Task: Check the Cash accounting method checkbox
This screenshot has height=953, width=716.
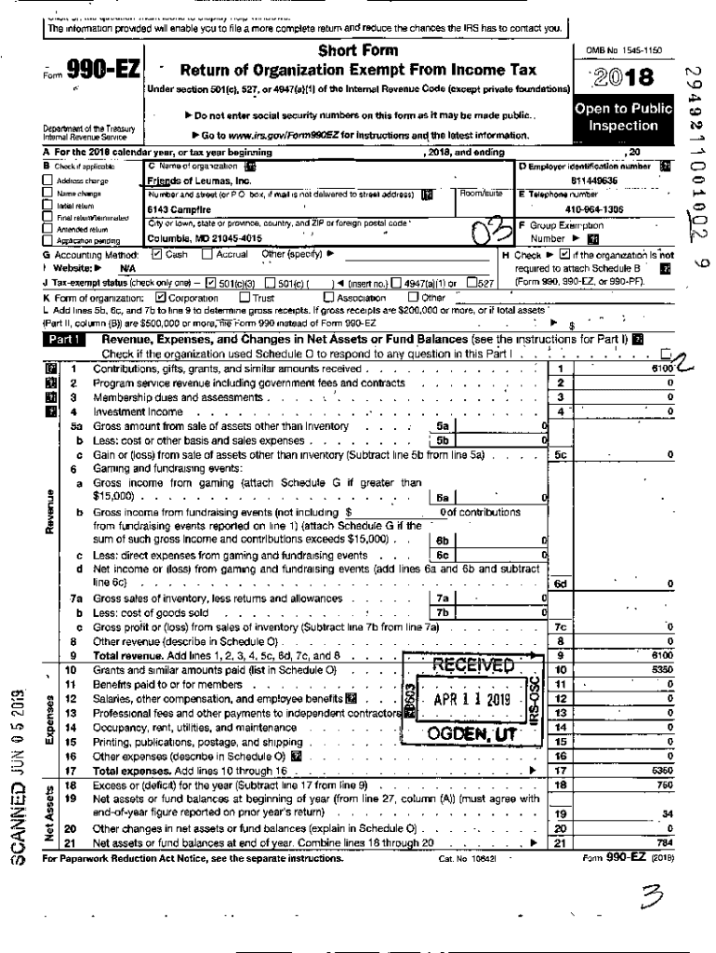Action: pos(157,253)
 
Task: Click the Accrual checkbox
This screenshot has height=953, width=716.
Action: pos(208,253)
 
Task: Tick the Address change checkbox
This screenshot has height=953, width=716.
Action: pos(48,181)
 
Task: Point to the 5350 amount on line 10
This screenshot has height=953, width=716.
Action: pos(661,669)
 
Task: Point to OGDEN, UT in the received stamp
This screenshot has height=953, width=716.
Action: pos(469,733)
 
